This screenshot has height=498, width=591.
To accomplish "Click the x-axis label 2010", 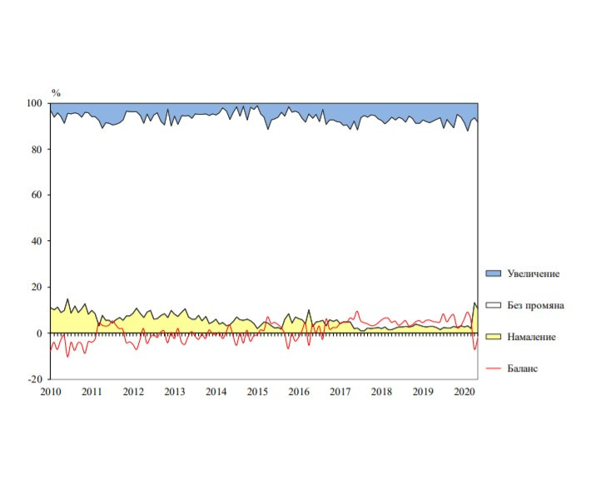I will [x=50, y=392].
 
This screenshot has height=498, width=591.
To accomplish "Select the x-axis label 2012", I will [x=133, y=392].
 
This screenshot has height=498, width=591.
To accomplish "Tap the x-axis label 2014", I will [x=216, y=392].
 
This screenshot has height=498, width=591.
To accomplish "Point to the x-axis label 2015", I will [x=257, y=392].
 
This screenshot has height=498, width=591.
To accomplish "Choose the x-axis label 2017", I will [x=340, y=392].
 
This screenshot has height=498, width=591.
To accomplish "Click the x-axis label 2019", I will [x=423, y=392].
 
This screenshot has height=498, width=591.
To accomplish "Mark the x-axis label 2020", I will [x=464, y=392].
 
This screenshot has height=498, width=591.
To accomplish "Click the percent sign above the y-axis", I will [x=56, y=92].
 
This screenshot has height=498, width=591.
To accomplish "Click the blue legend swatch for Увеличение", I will [x=493, y=274].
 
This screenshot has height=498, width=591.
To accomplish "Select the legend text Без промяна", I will [x=535, y=305].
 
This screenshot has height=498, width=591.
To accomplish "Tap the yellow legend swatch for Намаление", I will [x=493, y=337].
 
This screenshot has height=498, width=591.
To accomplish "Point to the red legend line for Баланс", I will [x=493, y=367].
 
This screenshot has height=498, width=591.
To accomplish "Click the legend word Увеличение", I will [x=533, y=274].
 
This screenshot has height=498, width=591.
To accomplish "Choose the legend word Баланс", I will [x=522, y=367].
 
